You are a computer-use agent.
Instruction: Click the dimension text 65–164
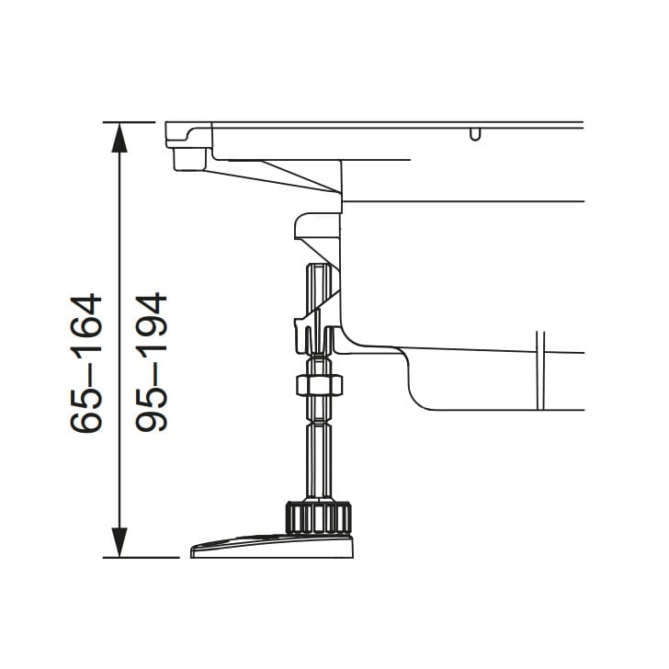coord(85,363)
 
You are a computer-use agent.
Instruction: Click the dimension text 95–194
coord(151,362)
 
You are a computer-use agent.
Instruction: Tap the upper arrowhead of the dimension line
coord(119,138)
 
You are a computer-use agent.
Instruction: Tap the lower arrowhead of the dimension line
coord(119,542)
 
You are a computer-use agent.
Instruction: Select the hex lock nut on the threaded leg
coord(319,385)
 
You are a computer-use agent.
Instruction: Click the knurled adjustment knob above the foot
coord(318,517)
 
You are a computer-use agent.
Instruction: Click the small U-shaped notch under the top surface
coord(475,134)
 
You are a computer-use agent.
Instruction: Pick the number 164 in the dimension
coord(85,323)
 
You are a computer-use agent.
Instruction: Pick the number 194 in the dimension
coord(151,322)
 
